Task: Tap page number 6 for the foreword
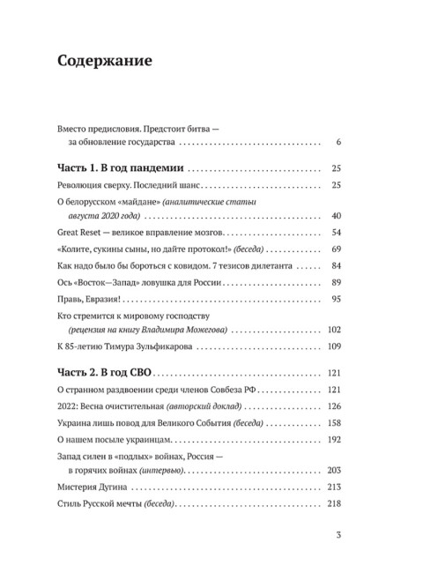pos(339,142)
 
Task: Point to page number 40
pos(336,216)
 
